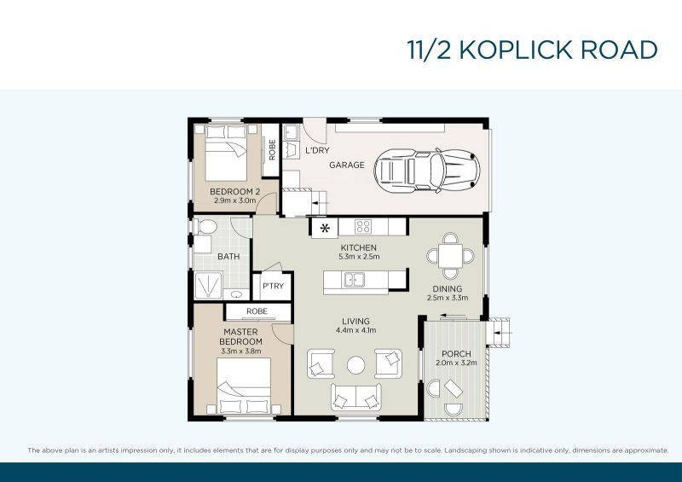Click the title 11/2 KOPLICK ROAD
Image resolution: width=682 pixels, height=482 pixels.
(x=532, y=49)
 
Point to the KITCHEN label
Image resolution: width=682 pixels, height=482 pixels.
(x=358, y=247)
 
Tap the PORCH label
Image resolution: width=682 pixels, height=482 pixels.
(x=456, y=354)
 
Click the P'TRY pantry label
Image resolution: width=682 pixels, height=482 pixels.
(x=273, y=286)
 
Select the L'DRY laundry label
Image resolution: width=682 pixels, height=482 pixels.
(x=317, y=151)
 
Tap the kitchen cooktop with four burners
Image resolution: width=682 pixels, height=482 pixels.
(x=362, y=227)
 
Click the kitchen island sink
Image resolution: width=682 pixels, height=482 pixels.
(x=353, y=279)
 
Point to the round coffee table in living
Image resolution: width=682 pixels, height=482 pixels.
(x=356, y=365)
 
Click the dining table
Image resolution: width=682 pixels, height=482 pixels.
(x=448, y=254)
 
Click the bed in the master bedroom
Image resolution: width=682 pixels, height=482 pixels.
(x=244, y=385)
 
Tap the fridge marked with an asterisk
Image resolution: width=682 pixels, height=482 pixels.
(x=324, y=228)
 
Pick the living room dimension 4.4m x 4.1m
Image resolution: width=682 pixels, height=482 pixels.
(x=358, y=330)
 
